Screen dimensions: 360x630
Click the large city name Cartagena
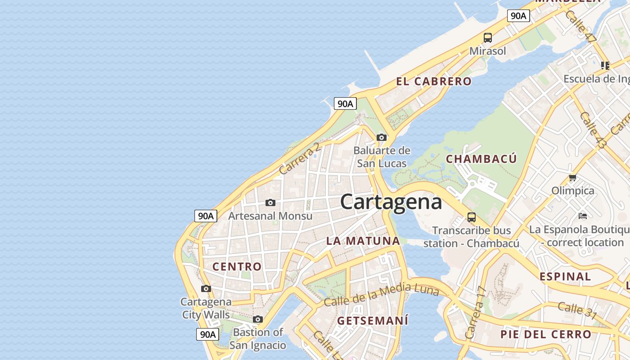(391, 202)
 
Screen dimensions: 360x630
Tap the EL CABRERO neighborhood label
(434, 81)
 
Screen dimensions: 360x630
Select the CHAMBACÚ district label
(481, 159)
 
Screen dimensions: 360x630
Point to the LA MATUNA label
(363, 241)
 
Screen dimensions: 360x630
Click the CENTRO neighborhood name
(237, 266)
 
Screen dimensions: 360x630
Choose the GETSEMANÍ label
(373, 321)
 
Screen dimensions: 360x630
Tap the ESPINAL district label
(565, 276)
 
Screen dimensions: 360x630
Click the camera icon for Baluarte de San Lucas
(382, 137)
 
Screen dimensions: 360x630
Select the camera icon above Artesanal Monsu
(270, 202)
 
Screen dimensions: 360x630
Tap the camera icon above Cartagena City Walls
(206, 288)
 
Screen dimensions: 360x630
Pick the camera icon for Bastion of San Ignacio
(257, 319)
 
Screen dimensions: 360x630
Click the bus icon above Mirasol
(488, 38)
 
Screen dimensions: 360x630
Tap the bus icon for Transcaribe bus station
(472, 217)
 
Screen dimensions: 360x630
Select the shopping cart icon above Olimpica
(572, 177)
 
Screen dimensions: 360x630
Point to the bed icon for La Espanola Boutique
(583, 216)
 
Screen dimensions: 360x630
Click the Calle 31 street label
(577, 310)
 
